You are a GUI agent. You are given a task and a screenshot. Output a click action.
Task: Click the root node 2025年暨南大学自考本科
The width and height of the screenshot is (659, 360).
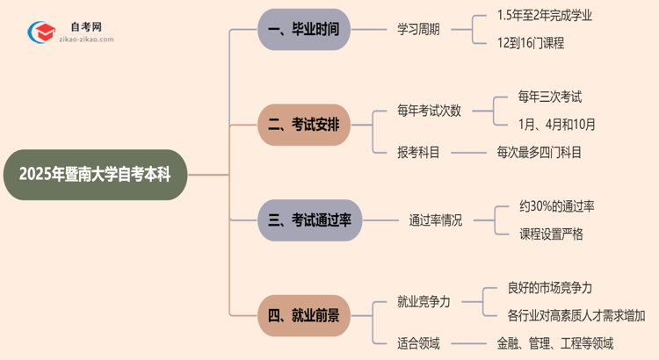pyautogui.click(x=96, y=175)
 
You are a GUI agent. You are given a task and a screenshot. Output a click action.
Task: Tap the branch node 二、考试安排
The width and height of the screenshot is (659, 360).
pyautogui.click(x=309, y=125)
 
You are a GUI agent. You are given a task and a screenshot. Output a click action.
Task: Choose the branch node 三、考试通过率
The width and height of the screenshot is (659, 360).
pyautogui.click(x=309, y=220)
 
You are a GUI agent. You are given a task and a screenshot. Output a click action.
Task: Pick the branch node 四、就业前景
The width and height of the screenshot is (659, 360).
pyautogui.click(x=309, y=315)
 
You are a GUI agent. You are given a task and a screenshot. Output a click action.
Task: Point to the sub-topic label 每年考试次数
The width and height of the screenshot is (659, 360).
pyautogui.click(x=429, y=111)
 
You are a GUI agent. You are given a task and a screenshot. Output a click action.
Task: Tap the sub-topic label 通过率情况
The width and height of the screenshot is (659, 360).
pyautogui.click(x=435, y=220)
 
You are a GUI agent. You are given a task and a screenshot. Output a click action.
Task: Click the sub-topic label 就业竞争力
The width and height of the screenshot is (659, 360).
pyautogui.click(x=424, y=302)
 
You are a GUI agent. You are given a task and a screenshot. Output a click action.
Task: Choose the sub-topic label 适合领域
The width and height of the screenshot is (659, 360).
pyautogui.click(x=418, y=342)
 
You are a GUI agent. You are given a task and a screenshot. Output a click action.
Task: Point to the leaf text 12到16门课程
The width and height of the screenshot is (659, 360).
pyautogui.click(x=530, y=43)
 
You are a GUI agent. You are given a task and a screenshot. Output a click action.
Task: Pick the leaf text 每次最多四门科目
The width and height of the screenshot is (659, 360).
pyautogui.click(x=539, y=152)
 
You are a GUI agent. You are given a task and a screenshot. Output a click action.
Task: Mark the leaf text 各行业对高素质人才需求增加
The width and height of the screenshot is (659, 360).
pyautogui.click(x=576, y=315)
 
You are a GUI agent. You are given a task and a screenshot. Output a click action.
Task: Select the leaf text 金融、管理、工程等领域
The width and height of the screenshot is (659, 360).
pyautogui.click(x=555, y=342)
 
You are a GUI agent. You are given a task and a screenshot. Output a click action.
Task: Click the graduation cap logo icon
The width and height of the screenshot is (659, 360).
pyautogui.click(x=40, y=31)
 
